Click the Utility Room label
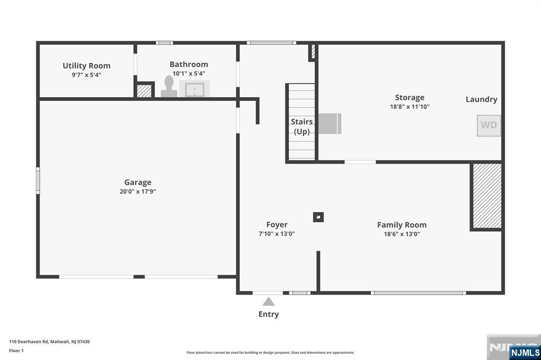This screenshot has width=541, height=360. pyautogui.click(x=87, y=65)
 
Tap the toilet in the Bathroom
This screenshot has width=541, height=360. pyautogui.click(x=169, y=87)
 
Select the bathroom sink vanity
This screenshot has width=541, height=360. pyautogui.click(x=194, y=89)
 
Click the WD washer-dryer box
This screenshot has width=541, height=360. pyautogui.click(x=489, y=126)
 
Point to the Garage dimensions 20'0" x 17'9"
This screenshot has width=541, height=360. pyautogui.click(x=138, y=192)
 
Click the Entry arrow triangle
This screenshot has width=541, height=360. pyautogui.click(x=268, y=302)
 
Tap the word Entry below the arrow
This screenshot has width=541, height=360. pyautogui.click(x=269, y=314)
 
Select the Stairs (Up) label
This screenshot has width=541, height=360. pyautogui.click(x=302, y=127)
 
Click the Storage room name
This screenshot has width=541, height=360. pyautogui.click(x=409, y=98)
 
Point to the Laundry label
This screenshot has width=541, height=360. pyautogui.click(x=481, y=99)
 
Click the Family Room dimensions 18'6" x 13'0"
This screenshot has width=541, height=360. pyautogui.click(x=402, y=234)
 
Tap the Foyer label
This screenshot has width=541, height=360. pyautogui.click(x=277, y=225)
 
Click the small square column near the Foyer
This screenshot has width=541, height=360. pyautogui.click(x=319, y=217)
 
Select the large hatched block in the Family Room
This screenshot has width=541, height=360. pyautogui.click(x=487, y=196)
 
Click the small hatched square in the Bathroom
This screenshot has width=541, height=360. pyautogui.click(x=144, y=91)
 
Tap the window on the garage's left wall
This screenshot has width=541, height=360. pyautogui.click(x=38, y=181)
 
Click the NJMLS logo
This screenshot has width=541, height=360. pyautogui.click(x=525, y=353)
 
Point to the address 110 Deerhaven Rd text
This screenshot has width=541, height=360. pyautogui.click(x=49, y=342)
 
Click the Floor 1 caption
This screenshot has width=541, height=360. pyautogui.click(x=16, y=350)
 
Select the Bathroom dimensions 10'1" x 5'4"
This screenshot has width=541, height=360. pyautogui.click(x=189, y=73)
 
